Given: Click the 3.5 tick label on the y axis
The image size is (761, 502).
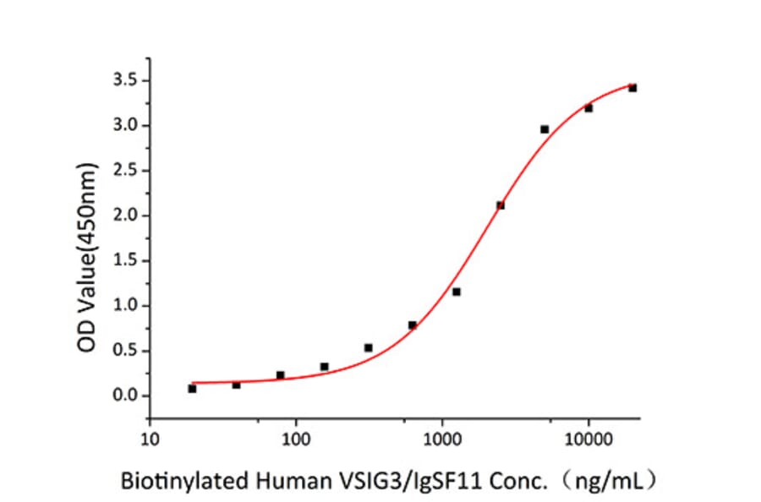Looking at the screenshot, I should (127, 81).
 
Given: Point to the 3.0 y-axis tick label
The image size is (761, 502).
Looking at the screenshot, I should (127, 126).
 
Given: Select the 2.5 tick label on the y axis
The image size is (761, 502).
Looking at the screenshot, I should (127, 171).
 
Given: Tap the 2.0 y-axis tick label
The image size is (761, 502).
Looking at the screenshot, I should (127, 216).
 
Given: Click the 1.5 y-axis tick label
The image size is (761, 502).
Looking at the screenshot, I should (127, 260).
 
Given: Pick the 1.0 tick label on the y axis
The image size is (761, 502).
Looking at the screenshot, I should (127, 306).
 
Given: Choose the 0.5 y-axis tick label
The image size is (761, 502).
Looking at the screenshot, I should (127, 351).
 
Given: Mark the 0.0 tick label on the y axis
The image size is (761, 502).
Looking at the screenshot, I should (127, 396).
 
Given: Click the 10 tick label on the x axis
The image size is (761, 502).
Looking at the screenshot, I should (150, 439).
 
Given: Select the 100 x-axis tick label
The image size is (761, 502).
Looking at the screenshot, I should (296, 439).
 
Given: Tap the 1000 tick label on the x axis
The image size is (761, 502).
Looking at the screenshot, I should (442, 439).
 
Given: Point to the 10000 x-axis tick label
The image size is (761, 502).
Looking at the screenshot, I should (589, 439).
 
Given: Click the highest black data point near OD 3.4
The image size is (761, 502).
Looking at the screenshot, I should (632, 88).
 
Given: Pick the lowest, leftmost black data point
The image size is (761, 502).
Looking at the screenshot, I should (192, 389).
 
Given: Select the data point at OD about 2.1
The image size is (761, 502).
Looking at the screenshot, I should (501, 205).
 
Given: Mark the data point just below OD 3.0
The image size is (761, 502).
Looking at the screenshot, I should (545, 129).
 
